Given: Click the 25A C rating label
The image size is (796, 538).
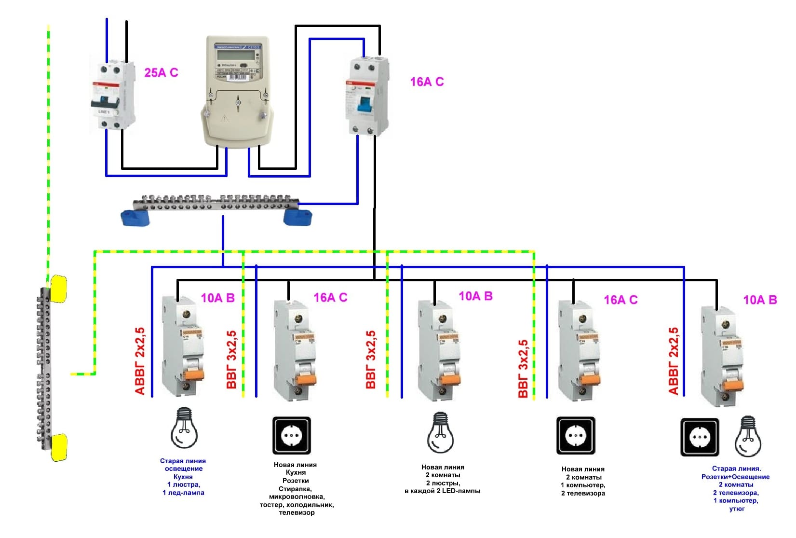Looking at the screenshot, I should coord(161,73).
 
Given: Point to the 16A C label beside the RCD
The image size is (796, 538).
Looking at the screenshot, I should coord(427,82).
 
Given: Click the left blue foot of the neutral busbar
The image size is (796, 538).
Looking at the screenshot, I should coord(135,217).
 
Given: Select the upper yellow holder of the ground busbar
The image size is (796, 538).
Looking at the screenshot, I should coord(58,288).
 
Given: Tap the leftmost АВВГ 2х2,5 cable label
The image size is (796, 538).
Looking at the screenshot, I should coord(140,361).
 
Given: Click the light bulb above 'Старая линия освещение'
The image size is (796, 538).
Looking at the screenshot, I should coord(184,428).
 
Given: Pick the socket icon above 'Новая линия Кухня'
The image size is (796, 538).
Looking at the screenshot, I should coord(292,436).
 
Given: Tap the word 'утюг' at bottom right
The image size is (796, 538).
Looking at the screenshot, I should coord(737,509).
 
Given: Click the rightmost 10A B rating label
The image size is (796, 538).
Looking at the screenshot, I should coord(760,300).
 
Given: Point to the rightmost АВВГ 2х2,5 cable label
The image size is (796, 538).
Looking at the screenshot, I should coord(674,361).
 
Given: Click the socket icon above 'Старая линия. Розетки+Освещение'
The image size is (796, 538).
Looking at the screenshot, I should coord(700,437).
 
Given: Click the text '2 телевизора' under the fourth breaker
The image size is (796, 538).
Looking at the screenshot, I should coord(583,493).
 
